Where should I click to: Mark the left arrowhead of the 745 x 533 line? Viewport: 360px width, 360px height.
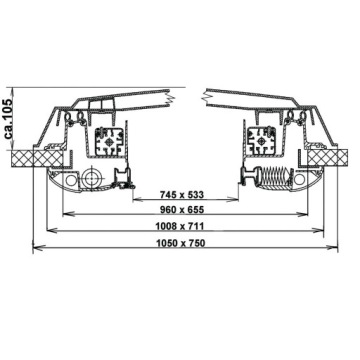126,203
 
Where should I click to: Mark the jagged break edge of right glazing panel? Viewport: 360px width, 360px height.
206,97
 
